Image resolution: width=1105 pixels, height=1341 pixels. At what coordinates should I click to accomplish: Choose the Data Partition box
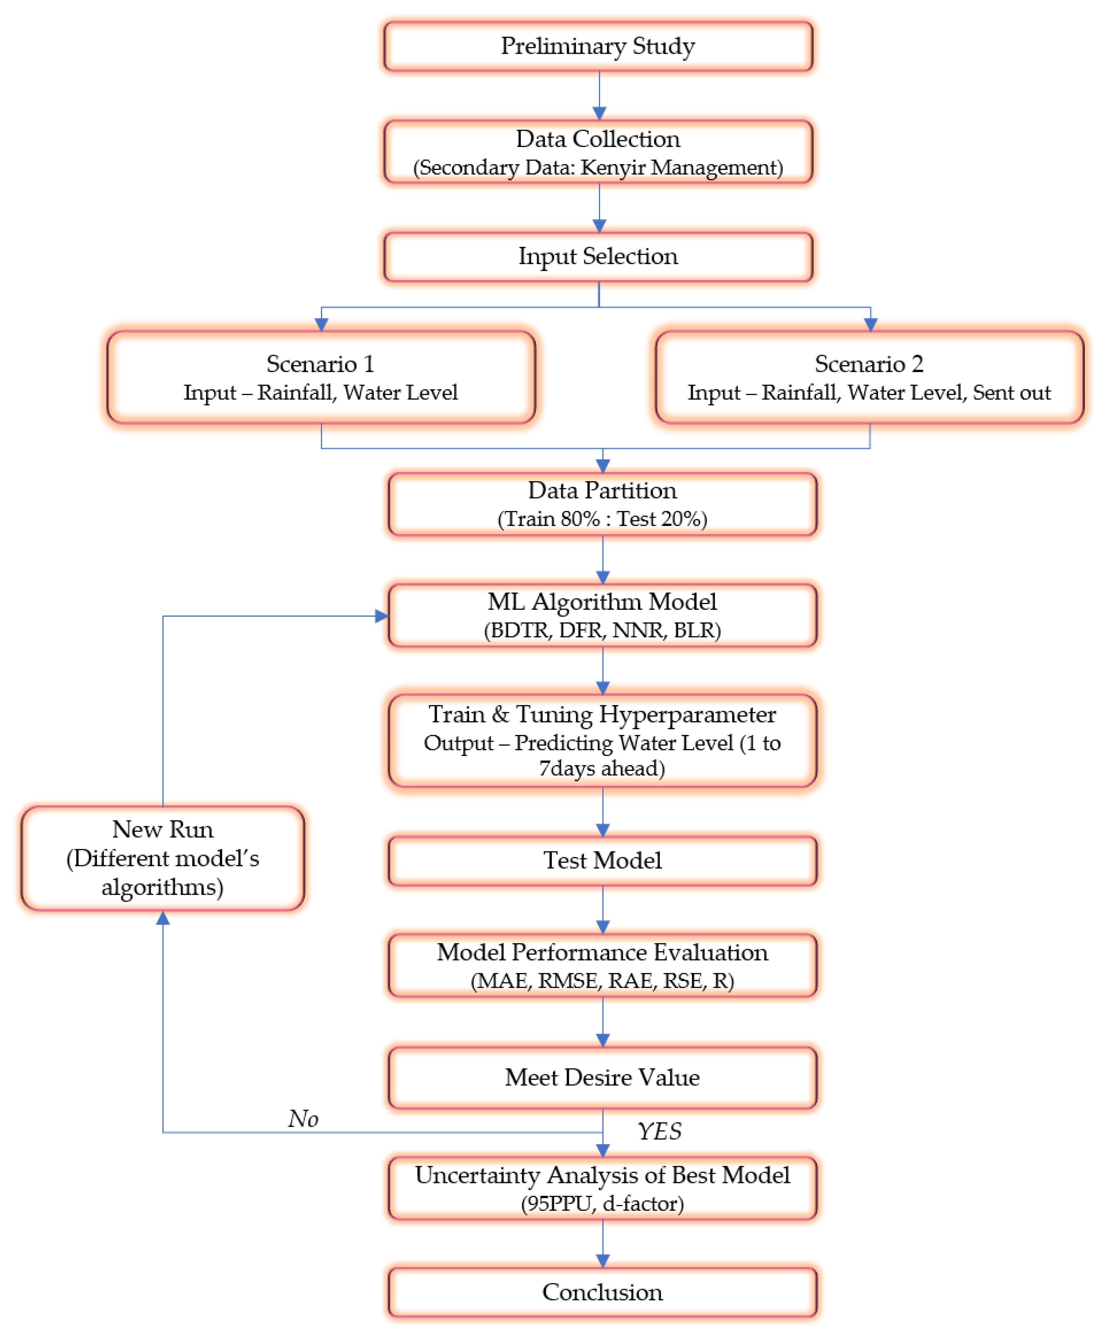(x=602, y=504)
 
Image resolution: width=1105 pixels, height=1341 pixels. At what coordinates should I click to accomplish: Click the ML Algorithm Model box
(x=602, y=615)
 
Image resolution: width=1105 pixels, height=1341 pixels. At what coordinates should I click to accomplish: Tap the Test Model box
(x=602, y=860)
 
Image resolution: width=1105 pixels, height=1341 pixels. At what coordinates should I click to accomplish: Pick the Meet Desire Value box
(x=602, y=1078)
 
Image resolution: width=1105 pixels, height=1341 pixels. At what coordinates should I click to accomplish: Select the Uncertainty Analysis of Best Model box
(x=602, y=1188)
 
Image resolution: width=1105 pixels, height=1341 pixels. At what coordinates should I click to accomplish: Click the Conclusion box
(x=602, y=1293)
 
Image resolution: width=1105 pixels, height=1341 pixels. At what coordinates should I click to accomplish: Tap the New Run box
(x=163, y=858)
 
